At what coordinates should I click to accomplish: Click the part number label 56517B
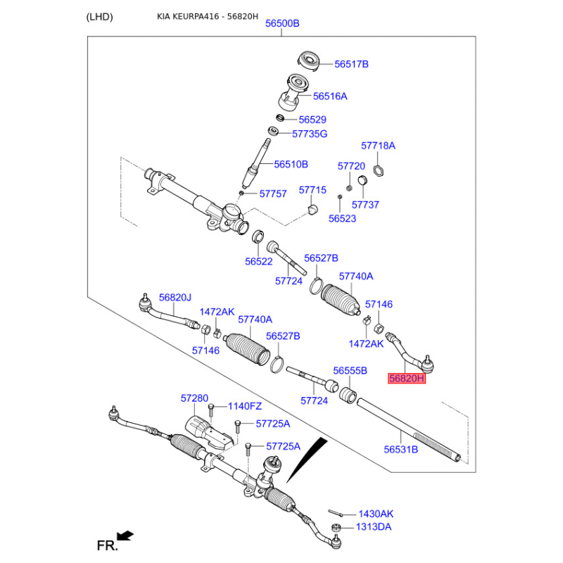(351, 64)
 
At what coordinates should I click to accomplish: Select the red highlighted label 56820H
(407, 379)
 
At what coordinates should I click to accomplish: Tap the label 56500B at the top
(282, 23)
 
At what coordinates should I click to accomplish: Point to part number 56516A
(330, 96)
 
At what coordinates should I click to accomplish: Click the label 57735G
(310, 134)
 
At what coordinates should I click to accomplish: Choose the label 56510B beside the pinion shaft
(291, 164)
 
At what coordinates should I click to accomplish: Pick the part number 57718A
(378, 146)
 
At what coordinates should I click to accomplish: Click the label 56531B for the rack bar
(400, 449)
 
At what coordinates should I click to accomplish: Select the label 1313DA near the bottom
(374, 527)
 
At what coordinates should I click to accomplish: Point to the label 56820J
(175, 298)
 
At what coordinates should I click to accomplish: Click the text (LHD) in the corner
(99, 17)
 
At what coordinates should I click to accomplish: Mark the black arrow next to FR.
(126, 536)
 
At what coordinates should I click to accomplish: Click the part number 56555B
(350, 370)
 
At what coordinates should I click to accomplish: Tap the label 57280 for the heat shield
(194, 398)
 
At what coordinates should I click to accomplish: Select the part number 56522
(258, 261)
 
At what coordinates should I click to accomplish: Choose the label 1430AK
(376, 514)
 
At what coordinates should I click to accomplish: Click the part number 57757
(273, 194)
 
